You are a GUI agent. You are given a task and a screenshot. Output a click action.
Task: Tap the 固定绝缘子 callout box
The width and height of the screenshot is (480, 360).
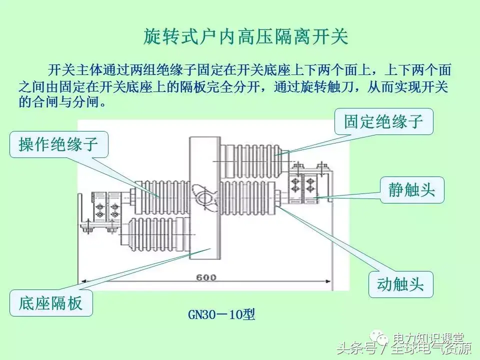click(x=383, y=121)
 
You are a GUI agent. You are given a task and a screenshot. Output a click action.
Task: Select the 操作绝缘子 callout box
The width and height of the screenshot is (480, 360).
click(x=58, y=144)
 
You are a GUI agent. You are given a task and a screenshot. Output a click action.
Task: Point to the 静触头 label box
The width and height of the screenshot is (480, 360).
click(x=411, y=189)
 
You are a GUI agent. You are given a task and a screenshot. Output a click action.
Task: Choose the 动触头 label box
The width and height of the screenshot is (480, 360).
click(x=400, y=284)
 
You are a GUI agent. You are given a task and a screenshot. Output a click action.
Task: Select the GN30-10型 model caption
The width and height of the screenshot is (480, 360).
click(x=221, y=314)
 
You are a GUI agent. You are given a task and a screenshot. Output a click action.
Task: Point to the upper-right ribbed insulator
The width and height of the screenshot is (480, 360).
click(x=254, y=159)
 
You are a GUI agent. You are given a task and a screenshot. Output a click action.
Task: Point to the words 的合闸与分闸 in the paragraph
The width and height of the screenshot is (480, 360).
click(x=62, y=102)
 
